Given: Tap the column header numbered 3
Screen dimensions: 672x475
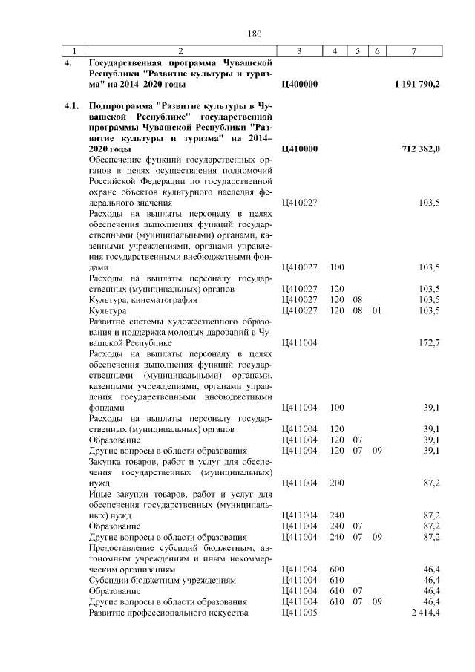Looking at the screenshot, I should pos(298,51).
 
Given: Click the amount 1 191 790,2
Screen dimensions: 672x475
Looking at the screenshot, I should pos(418,85).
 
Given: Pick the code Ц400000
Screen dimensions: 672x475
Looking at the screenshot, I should pos(301,85).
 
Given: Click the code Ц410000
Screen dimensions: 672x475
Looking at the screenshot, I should pos(301,149).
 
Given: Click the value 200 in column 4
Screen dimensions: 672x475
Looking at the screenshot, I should pos(336,483).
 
